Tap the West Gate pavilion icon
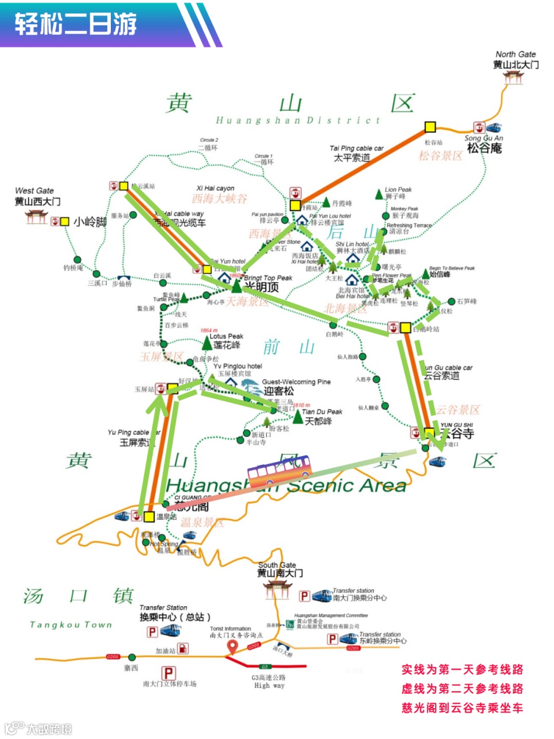pyautogui.click(x=36, y=217)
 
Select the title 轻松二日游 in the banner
pyautogui.click(x=76, y=24)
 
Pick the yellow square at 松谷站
pyautogui.click(x=430, y=127)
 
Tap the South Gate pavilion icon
pyautogui.click(x=277, y=590)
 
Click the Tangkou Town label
pyautogui.click(x=71, y=625)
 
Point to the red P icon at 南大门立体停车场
pyautogui.click(x=169, y=672)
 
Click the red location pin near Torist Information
pyautogui.click(x=232, y=648)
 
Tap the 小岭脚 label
pyautogui.click(x=90, y=222)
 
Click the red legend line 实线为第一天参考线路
pyautogui.click(x=462, y=669)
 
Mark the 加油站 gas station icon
pyautogui.click(x=183, y=648)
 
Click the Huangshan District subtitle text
pyautogui.click(x=298, y=120)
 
